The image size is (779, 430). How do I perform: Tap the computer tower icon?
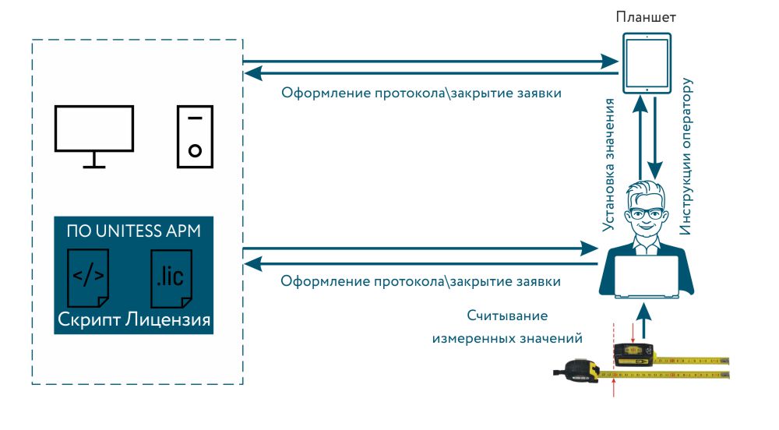coord(195,136)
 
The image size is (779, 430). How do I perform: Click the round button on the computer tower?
coord(195,150)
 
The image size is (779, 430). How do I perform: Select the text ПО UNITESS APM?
coord(132,231)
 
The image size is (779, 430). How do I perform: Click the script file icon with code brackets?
coord(88,277)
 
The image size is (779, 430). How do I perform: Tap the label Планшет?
coord(645,16)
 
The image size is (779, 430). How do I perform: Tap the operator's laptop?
coord(646,277)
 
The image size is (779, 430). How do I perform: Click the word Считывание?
coord(507,315)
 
